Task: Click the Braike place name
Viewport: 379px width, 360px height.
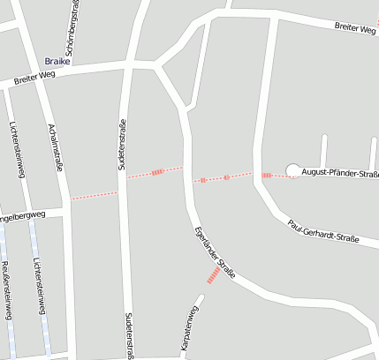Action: point(56,62)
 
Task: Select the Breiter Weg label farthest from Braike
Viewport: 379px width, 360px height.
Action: point(355,29)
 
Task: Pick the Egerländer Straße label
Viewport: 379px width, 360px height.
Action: point(215,254)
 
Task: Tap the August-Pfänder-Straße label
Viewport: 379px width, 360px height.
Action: point(339,172)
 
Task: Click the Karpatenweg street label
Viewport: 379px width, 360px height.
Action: point(189,329)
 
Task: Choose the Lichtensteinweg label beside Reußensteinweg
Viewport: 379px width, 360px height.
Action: point(37,287)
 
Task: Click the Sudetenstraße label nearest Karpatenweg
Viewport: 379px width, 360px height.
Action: point(129,335)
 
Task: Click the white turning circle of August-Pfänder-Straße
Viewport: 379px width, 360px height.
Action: point(292,171)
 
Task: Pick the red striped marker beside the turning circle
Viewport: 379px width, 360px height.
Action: point(266,176)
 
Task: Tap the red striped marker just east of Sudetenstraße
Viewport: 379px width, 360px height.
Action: point(157,173)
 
